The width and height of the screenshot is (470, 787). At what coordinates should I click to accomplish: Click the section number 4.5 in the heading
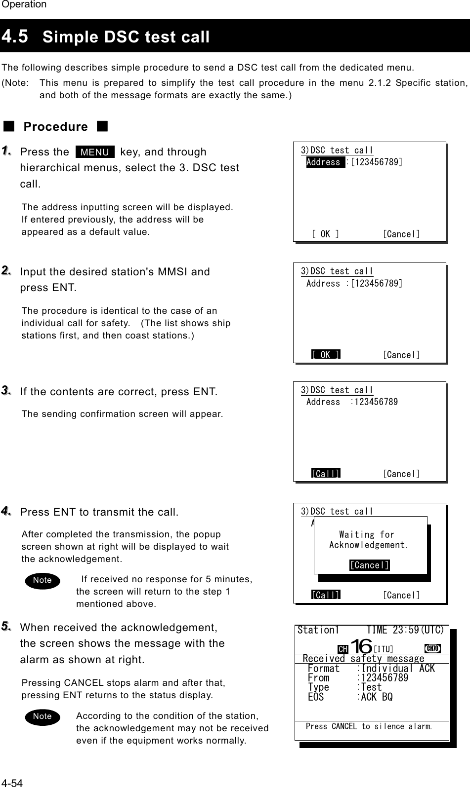tap(15, 36)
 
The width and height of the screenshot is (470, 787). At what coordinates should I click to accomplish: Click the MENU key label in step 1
tap(95, 152)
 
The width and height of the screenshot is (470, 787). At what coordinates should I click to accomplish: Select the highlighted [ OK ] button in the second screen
tap(326, 354)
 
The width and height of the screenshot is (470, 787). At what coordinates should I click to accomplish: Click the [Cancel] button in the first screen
tap(401, 234)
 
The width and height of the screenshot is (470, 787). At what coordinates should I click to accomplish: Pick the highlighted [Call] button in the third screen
tap(326, 474)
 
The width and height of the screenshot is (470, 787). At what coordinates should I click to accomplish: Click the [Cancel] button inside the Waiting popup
tap(370, 565)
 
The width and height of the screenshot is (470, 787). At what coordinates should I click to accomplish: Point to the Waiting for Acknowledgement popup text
tap(368, 540)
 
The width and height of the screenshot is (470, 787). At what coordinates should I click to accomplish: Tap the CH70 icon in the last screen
tap(432, 648)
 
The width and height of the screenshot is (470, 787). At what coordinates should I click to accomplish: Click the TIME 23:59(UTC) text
tap(404, 630)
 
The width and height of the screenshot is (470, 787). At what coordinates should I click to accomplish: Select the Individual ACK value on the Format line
tap(398, 669)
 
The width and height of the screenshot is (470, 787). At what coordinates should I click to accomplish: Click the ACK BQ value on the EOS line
tap(377, 697)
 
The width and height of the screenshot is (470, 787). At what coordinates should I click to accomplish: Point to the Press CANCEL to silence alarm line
tap(369, 726)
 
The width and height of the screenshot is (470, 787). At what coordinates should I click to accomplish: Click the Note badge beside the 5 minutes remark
tap(42, 580)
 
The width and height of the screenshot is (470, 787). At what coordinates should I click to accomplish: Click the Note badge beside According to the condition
tap(42, 716)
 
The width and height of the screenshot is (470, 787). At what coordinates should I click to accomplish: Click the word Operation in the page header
tap(23, 4)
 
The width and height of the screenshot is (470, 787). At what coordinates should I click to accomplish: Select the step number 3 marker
tap(7, 391)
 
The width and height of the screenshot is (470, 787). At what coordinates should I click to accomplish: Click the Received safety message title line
tap(363, 659)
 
